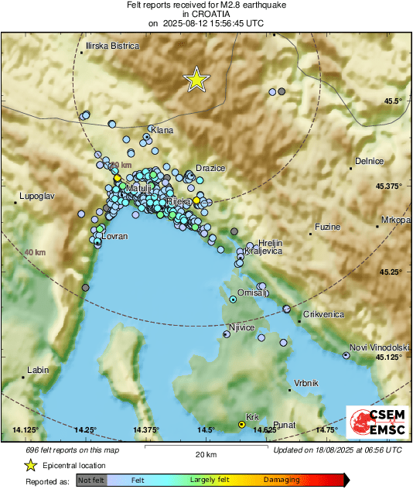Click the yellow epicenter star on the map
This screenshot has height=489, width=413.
(x=197, y=79)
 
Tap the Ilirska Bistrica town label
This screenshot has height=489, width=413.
(x=113, y=46)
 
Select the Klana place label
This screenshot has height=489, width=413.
(x=162, y=130)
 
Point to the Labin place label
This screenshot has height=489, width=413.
(x=38, y=371)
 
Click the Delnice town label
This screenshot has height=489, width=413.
(x=369, y=161)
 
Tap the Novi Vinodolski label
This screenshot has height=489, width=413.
(x=379, y=347)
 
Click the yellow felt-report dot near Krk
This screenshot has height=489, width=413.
(x=241, y=425)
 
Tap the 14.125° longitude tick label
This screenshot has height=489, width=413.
(x=26, y=429)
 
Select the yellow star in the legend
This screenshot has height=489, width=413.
(x=30, y=465)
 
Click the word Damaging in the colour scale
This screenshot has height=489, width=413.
(x=282, y=480)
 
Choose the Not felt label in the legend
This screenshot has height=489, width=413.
(x=91, y=480)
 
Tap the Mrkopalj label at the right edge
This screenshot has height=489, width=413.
(x=394, y=220)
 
